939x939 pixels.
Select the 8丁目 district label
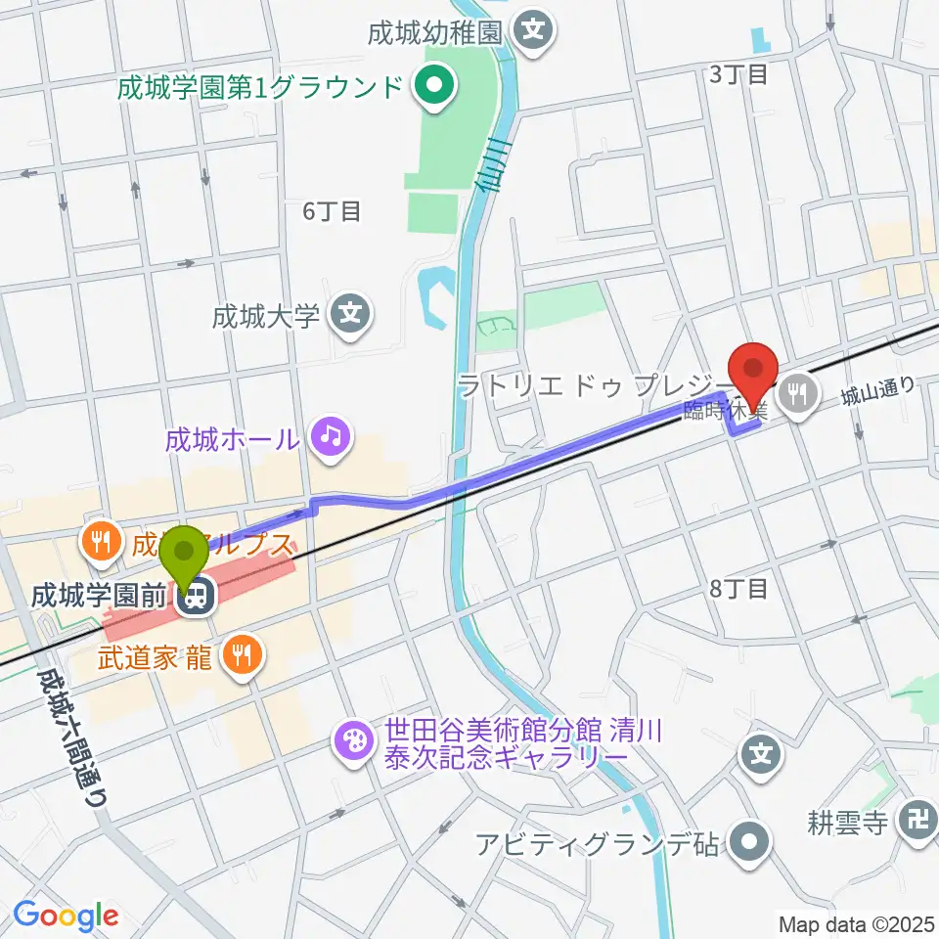pyautogui.click(x=739, y=588)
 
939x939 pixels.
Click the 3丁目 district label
pyautogui.click(x=738, y=74)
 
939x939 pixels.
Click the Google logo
pyautogui.click(x=65, y=916)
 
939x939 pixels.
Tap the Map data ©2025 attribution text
pyautogui.click(x=856, y=924)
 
